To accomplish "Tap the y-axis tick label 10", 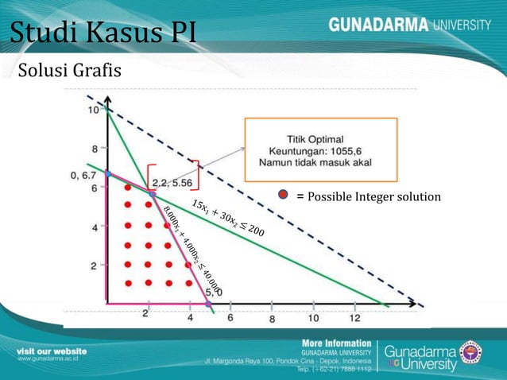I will [93, 111].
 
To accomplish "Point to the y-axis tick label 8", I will [94, 149].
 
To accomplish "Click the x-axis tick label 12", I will [354, 318].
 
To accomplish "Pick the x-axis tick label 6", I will [230, 318].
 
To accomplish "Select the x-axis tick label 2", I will [145, 314].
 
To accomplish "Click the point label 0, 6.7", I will [82, 175].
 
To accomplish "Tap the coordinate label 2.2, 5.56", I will [171, 182].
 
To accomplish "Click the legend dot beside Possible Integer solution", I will [283, 196].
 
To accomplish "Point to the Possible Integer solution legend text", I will [368, 196].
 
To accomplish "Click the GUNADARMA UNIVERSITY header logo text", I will [408, 25].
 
